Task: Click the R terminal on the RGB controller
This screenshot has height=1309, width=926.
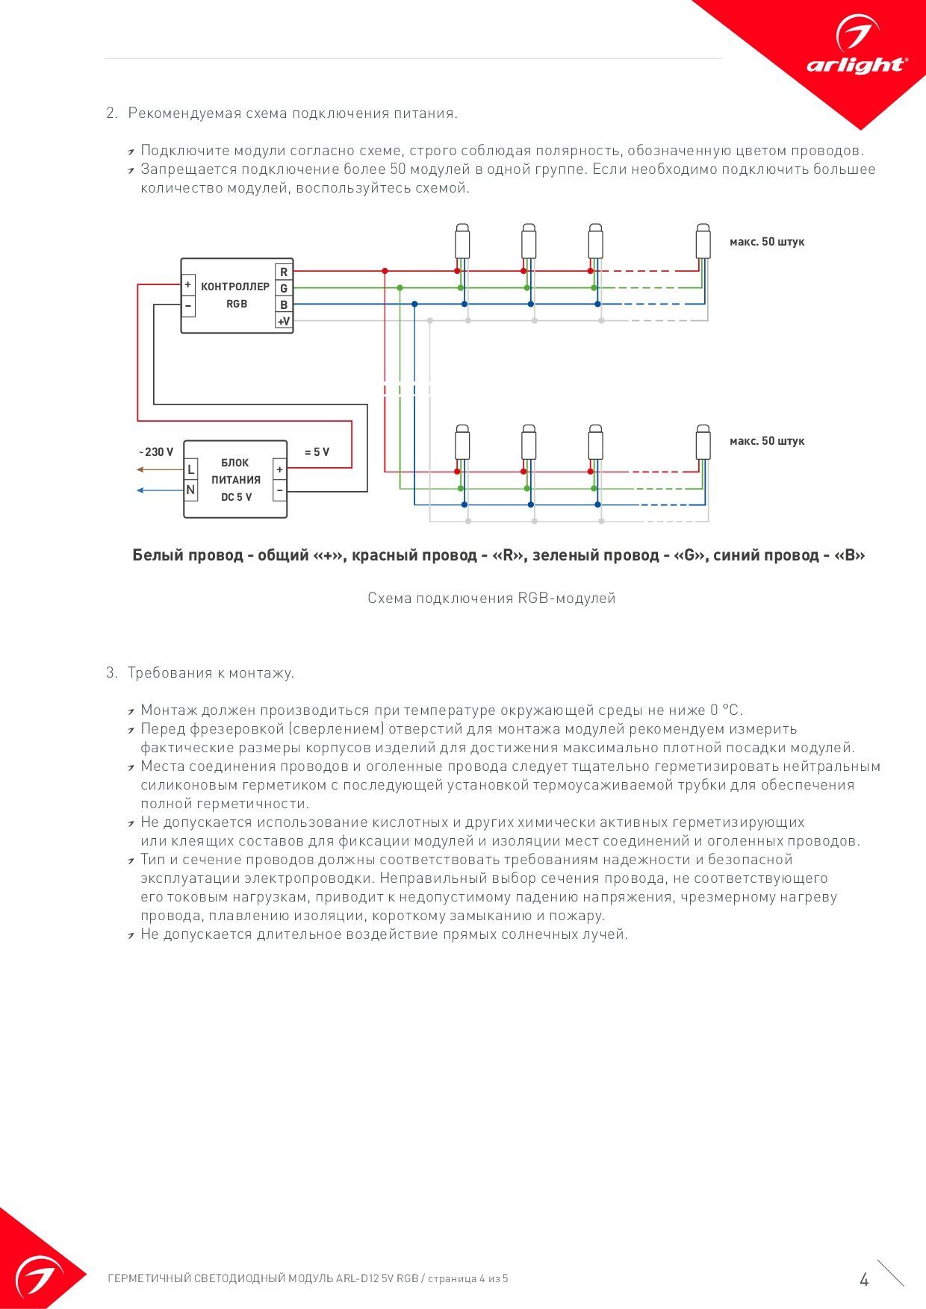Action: pyautogui.click(x=284, y=272)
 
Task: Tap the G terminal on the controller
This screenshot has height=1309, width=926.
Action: pyautogui.click(x=284, y=288)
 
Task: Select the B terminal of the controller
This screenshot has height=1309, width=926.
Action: pyautogui.click(x=284, y=304)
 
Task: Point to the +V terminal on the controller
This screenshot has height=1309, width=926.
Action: pyautogui.click(x=284, y=321)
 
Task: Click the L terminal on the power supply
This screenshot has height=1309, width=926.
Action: pyautogui.click(x=191, y=469)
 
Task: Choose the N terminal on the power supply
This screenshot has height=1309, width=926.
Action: pyautogui.click(x=191, y=490)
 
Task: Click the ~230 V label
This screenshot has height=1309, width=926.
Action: pyautogui.click(x=156, y=452)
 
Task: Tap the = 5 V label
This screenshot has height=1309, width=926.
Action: pyautogui.click(x=317, y=452)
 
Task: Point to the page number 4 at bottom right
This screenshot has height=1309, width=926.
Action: pyautogui.click(x=864, y=1280)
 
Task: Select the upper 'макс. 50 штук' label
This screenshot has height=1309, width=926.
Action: pyautogui.click(x=767, y=242)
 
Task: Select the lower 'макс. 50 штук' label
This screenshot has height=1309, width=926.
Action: pyautogui.click(x=767, y=441)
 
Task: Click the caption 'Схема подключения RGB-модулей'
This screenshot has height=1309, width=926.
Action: pyautogui.click(x=491, y=598)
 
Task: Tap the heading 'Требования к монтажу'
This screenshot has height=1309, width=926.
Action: pyautogui.click(x=211, y=673)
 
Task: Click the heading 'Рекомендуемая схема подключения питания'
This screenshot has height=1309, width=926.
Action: pyautogui.click(x=293, y=113)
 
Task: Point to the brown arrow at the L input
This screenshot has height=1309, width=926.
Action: pyautogui.click(x=161, y=469)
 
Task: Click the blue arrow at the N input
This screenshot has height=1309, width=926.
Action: pyautogui.click(x=161, y=490)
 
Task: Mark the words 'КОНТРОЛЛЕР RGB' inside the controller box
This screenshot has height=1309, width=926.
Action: pyautogui.click(x=235, y=295)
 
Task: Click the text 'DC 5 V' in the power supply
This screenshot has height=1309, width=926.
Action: pyautogui.click(x=236, y=497)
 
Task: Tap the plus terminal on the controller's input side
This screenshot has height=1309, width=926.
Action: pyautogui.click(x=188, y=285)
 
